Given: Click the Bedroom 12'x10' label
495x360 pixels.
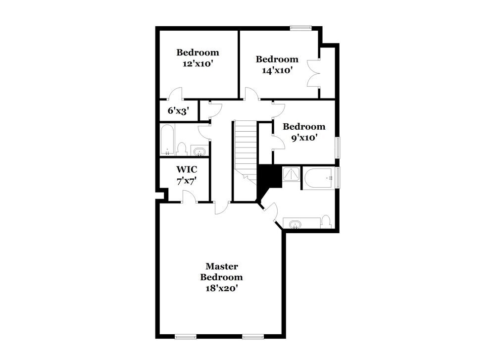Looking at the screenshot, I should click(198, 58).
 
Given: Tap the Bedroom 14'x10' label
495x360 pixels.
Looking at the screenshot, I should click(277, 65).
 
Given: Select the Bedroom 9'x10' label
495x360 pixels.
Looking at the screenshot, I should click(304, 132).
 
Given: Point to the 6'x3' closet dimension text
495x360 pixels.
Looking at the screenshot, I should click(178, 110).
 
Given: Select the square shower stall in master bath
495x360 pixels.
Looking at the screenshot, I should click(291, 174).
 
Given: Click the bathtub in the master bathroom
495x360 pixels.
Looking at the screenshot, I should click(318, 178).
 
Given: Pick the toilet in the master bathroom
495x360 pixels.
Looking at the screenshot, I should click(326, 221).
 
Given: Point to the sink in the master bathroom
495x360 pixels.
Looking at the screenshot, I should click(296, 224).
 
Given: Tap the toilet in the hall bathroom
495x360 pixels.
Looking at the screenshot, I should click(182, 149).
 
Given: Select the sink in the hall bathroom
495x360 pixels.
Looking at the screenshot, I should click(199, 151).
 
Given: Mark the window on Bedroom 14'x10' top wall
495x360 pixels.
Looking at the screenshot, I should click(300, 28).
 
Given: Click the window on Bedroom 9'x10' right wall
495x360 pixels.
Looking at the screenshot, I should click(338, 148).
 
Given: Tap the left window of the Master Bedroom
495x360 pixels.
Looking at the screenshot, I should click(186, 337).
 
